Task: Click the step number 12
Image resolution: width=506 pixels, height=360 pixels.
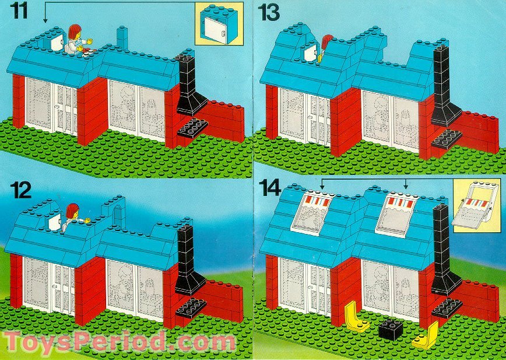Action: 19,192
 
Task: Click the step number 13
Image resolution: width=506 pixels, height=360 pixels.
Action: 272,12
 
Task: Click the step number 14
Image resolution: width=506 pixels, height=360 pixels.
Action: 272,188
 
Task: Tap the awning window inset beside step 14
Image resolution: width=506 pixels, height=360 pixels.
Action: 477,205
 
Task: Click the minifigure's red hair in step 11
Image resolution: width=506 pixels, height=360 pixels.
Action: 74,30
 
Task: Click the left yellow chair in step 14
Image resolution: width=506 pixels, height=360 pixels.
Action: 355,317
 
